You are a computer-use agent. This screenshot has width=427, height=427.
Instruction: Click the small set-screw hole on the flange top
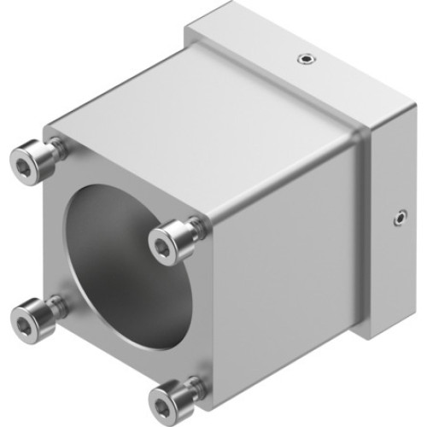click(305, 59)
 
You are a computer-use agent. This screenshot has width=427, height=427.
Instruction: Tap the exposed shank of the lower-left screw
click(56, 305)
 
